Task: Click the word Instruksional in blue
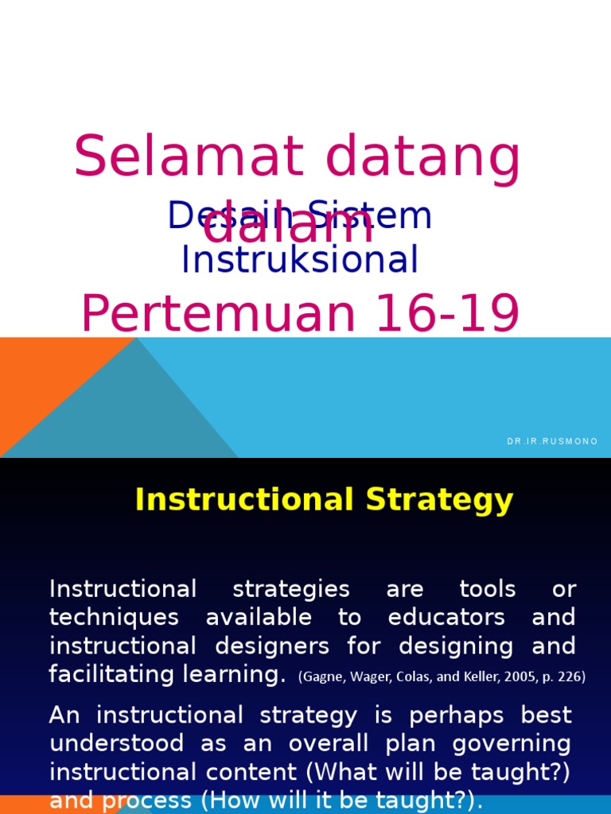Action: (300, 259)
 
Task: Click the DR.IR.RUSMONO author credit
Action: (552, 441)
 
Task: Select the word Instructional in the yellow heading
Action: (243, 500)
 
